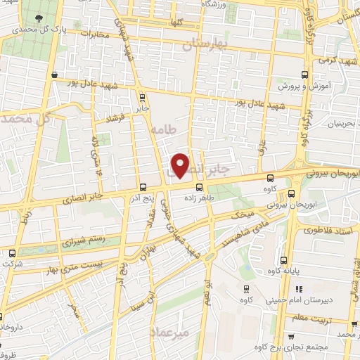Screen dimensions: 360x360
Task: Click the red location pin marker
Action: (181, 165)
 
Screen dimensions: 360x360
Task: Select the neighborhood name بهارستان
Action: (206, 46)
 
